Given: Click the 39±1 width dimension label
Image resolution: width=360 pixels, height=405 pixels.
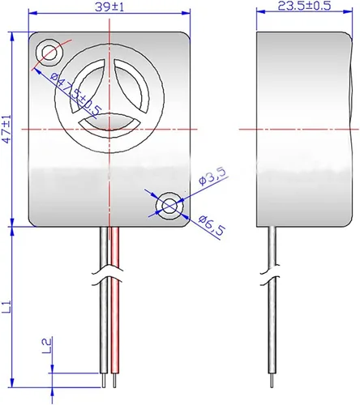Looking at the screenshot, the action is [x=109, y=7].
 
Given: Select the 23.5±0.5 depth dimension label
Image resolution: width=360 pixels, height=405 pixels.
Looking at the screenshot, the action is [x=304, y=6].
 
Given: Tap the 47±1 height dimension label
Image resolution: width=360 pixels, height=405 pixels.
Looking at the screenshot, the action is [x=7, y=129].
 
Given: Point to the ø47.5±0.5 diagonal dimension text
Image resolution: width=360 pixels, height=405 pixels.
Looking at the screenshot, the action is [x=75, y=95].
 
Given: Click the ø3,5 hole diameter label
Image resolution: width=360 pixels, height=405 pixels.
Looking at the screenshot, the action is [x=212, y=177].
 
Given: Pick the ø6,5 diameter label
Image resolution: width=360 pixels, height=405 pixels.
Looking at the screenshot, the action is [x=212, y=225].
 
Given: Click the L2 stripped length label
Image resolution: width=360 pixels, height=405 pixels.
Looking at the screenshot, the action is [x=47, y=346].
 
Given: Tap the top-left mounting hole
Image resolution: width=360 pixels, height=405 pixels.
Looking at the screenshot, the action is [x=49, y=53].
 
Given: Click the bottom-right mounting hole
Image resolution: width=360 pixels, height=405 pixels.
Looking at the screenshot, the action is [x=169, y=207].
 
